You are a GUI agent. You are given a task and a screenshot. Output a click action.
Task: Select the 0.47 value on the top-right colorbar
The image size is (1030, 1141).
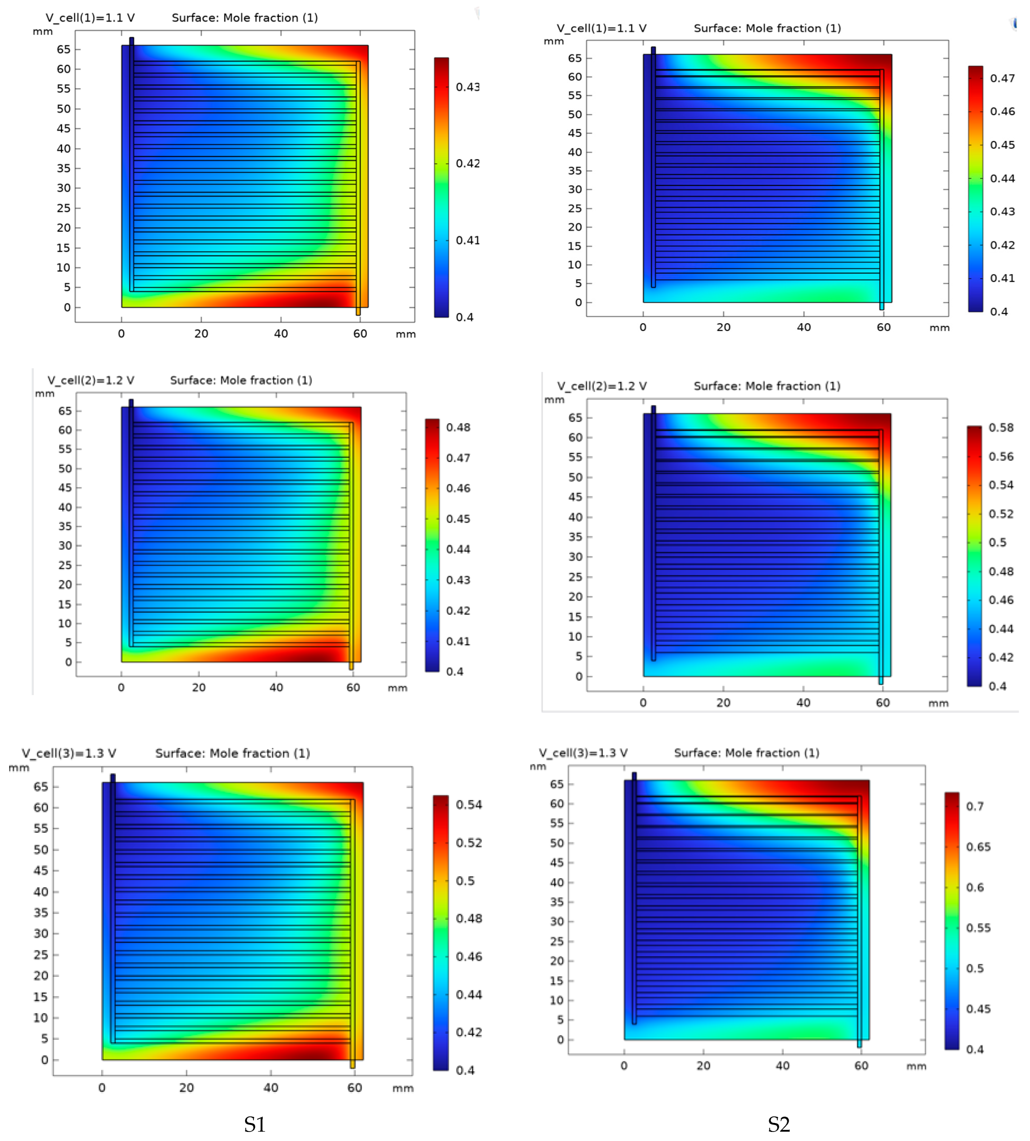tap(1002, 78)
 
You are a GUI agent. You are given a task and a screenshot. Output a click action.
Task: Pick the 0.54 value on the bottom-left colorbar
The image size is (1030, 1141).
tap(469, 804)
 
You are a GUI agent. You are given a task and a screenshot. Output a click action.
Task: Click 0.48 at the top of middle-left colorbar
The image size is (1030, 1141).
tap(458, 427)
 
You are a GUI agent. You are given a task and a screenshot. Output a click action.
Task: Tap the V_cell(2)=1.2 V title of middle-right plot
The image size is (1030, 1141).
tap(602, 386)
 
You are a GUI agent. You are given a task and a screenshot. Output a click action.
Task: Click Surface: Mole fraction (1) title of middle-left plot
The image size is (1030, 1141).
tap(241, 380)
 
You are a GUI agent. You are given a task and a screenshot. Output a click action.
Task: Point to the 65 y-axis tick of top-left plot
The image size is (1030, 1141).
tap(63, 49)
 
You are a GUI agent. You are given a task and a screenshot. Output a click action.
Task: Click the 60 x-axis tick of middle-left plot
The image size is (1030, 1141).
tap(353, 687)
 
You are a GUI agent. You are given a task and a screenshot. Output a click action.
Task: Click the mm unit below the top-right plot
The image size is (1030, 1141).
tap(939, 327)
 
